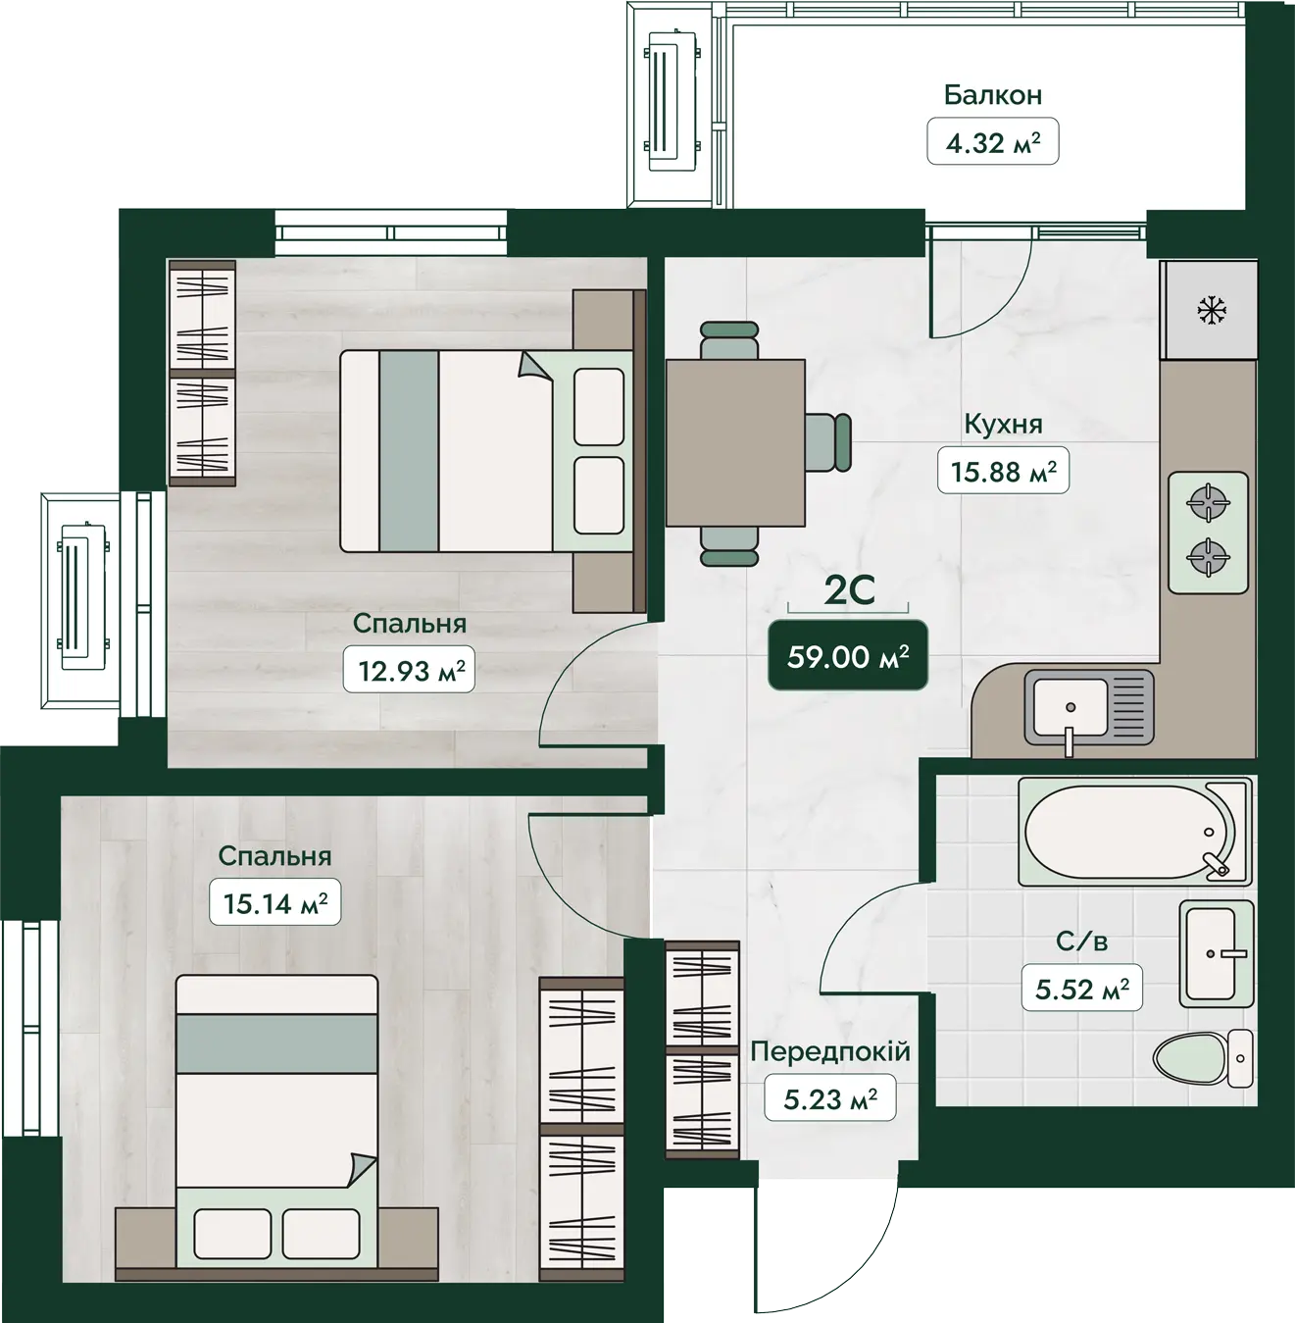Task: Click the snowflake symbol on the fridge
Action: point(1213,310)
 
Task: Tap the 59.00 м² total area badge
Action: point(848,656)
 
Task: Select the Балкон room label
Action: point(993,95)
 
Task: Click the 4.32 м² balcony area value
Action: point(992,141)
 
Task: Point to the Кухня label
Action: point(1003,425)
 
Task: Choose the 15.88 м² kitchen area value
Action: point(1003,471)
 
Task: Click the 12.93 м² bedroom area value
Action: point(409,670)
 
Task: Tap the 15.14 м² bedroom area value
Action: point(275,902)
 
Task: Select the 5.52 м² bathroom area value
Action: point(1082,988)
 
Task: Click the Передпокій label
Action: point(830,1051)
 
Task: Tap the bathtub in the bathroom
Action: point(1135,832)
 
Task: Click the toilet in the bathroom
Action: point(1203,1058)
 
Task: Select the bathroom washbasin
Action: point(1217,953)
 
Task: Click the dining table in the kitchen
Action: point(735,443)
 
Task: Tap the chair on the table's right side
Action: point(828,443)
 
